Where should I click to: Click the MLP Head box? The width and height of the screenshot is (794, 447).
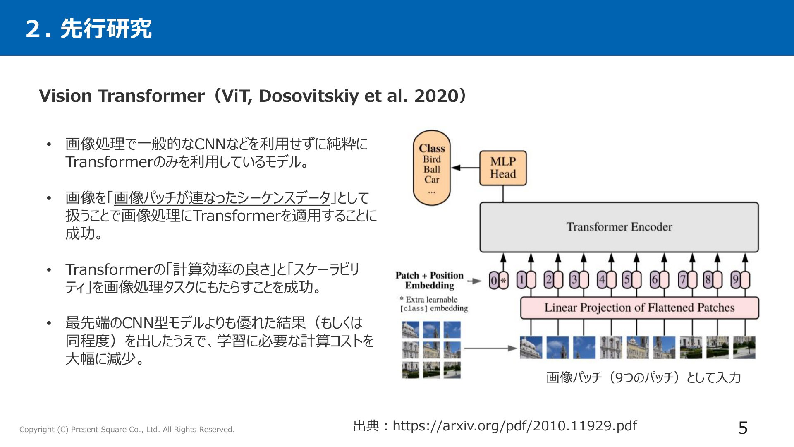[x=503, y=168]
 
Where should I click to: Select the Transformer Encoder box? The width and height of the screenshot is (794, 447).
[x=619, y=227]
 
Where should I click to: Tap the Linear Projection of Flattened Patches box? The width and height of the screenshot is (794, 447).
[x=639, y=308]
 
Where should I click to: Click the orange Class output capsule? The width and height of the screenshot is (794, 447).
[x=432, y=168]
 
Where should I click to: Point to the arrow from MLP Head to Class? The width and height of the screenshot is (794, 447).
[x=465, y=168]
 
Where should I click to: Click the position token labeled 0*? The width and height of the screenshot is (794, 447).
[x=498, y=280]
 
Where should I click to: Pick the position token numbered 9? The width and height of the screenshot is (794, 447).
[x=740, y=280]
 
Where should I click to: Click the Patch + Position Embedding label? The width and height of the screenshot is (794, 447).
[x=430, y=280]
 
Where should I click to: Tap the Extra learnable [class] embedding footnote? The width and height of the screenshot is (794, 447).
[x=433, y=304]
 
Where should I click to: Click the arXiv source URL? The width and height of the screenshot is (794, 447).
[x=515, y=425]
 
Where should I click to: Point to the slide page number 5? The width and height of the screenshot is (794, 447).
[x=743, y=428]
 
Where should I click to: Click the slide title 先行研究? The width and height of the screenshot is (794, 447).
[x=106, y=29]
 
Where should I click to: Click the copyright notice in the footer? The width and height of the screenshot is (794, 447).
[x=127, y=429]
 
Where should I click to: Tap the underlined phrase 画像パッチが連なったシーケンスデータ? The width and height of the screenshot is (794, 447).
[x=222, y=197]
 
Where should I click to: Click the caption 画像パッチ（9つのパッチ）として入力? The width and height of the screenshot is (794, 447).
[x=643, y=377]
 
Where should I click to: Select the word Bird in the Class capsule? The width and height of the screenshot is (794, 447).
[x=432, y=159]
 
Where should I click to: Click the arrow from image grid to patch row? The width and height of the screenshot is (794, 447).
[x=490, y=348]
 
